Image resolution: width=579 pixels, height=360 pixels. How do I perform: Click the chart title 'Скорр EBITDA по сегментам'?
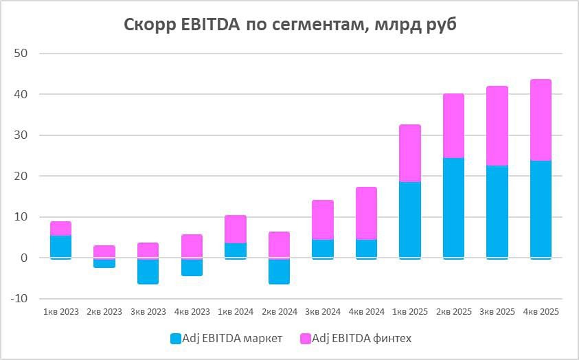[289, 25]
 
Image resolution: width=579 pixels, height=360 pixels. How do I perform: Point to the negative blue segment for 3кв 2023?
[147, 271]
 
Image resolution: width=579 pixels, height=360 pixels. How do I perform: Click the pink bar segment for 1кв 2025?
[409, 153]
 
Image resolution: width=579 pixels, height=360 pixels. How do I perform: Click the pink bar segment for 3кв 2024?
[322, 220]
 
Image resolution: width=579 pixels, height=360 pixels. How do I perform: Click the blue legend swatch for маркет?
[175, 338]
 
